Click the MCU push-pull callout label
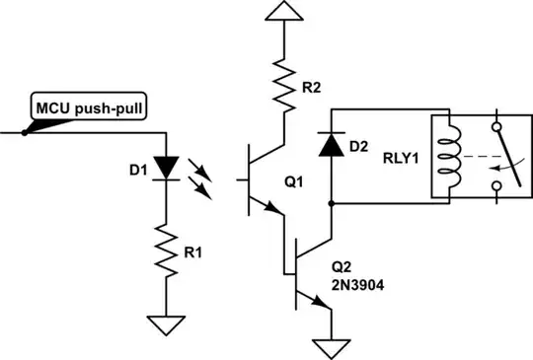[x=90, y=108]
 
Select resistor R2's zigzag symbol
[x=284, y=82]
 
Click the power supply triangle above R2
[x=284, y=12]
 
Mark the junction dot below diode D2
[x=332, y=204]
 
